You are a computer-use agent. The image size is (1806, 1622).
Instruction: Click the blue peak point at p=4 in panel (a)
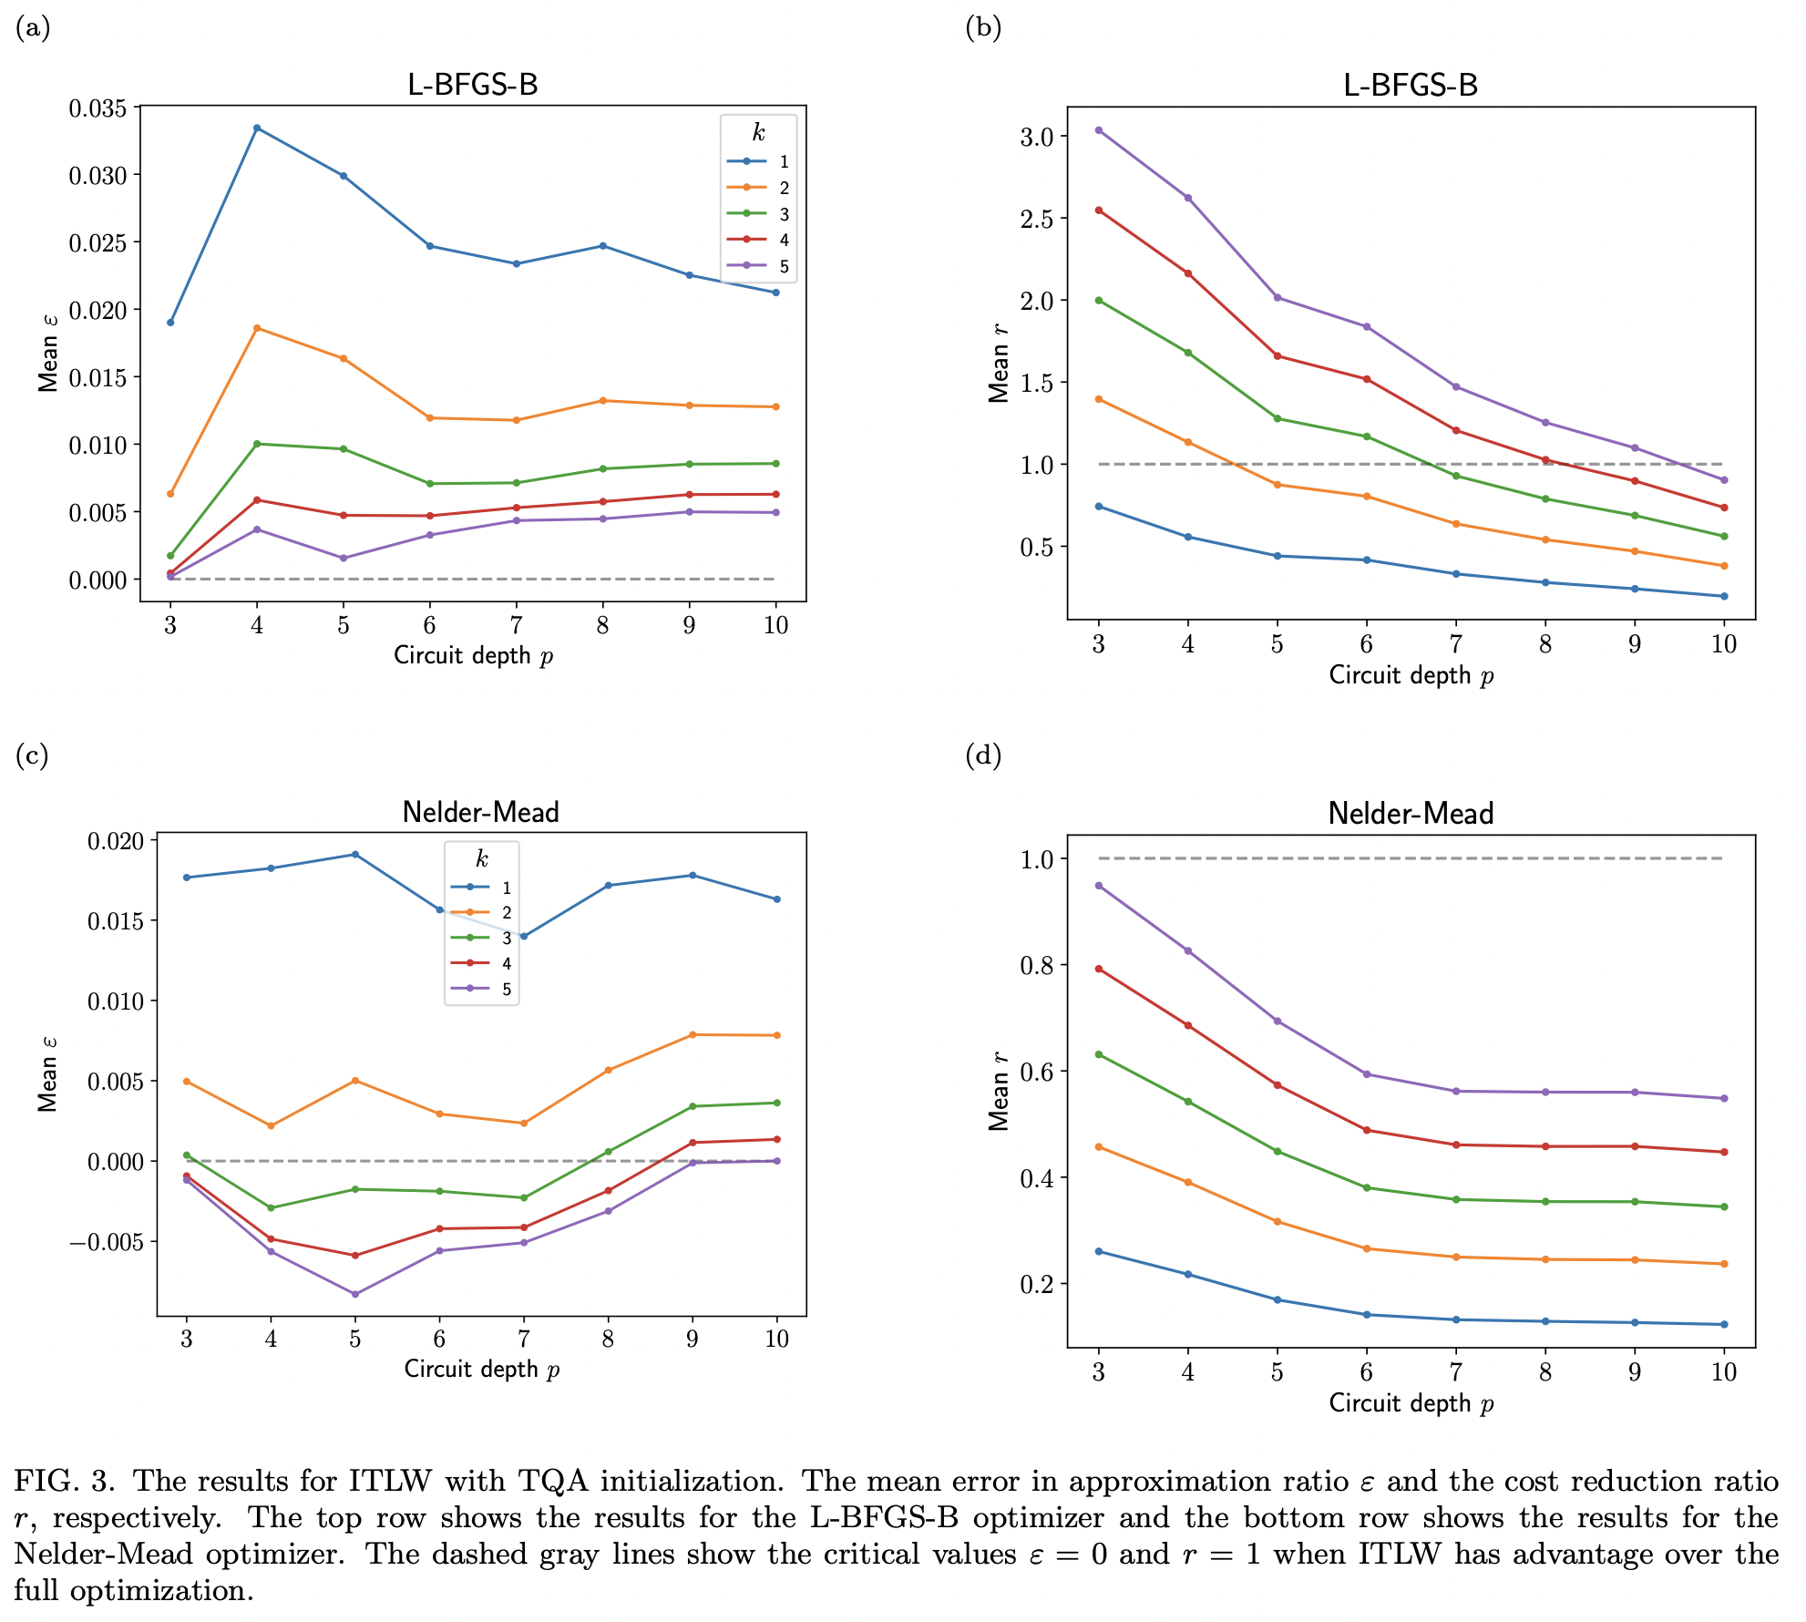tap(257, 128)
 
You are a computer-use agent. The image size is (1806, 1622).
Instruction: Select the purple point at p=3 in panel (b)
tap(1099, 130)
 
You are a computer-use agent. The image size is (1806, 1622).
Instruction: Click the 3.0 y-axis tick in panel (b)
tap(1037, 137)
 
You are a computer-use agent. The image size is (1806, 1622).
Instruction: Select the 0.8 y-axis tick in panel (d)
tap(1037, 966)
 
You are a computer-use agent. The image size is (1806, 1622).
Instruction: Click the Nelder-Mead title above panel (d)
tap(1411, 813)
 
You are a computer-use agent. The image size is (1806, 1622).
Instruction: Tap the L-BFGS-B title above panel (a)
tap(472, 85)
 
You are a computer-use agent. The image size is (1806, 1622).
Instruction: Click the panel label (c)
tap(32, 755)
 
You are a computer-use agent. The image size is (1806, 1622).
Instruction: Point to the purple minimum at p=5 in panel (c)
tap(355, 1294)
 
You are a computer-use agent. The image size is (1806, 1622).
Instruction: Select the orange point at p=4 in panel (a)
tap(257, 328)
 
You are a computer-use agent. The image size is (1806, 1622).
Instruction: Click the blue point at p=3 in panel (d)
tap(1099, 1251)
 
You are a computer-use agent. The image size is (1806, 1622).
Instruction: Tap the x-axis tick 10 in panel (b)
tap(1723, 644)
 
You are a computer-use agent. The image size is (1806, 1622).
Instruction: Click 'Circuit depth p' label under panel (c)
tap(481, 1369)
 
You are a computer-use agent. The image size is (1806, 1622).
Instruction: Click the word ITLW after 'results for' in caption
tap(390, 1481)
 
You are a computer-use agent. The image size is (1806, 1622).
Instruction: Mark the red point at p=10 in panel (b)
tap(1724, 508)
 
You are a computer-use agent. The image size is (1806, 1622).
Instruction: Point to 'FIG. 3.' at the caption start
tap(64, 1481)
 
